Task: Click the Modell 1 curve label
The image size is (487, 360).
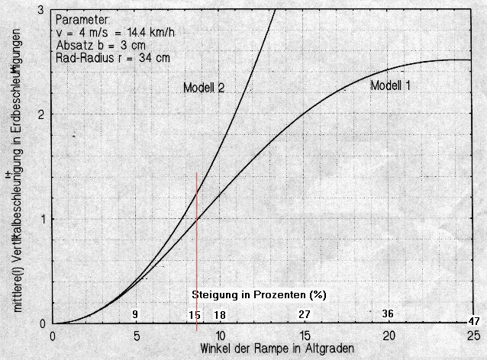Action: [x=390, y=85]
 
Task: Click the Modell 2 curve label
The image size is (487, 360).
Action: [x=203, y=88]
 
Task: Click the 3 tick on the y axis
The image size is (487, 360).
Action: [x=40, y=9]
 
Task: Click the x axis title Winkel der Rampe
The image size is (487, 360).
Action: [x=277, y=349]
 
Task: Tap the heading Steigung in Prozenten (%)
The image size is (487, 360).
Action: [x=259, y=294]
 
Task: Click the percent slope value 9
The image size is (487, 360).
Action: [x=135, y=314]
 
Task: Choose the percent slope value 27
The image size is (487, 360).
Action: [x=304, y=314]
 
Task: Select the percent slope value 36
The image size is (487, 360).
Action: [x=388, y=314]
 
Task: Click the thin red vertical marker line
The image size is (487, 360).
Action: [x=197, y=252]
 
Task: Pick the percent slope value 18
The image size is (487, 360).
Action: [x=220, y=314]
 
